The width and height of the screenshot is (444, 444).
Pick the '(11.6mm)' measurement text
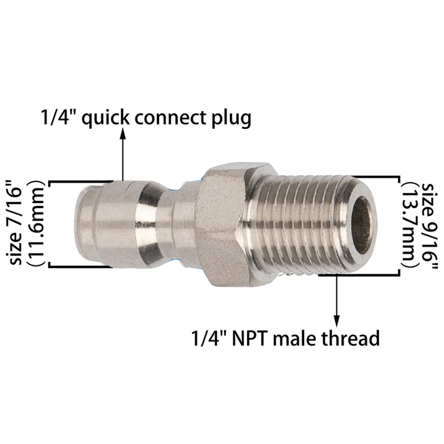(x=36, y=223)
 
